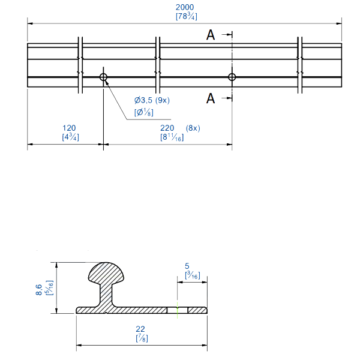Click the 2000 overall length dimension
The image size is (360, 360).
point(185,7)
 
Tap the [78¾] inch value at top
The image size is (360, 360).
point(185,16)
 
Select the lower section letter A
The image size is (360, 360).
point(211,98)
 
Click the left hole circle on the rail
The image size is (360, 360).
point(104,77)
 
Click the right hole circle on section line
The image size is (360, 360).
point(232,77)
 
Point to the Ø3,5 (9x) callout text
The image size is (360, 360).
point(152,100)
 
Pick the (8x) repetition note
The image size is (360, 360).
point(193,128)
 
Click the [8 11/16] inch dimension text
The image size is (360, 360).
point(172,137)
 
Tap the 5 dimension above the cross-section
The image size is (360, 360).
point(187,266)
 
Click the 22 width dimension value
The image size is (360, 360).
point(142,329)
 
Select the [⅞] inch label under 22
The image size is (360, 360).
point(142,339)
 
